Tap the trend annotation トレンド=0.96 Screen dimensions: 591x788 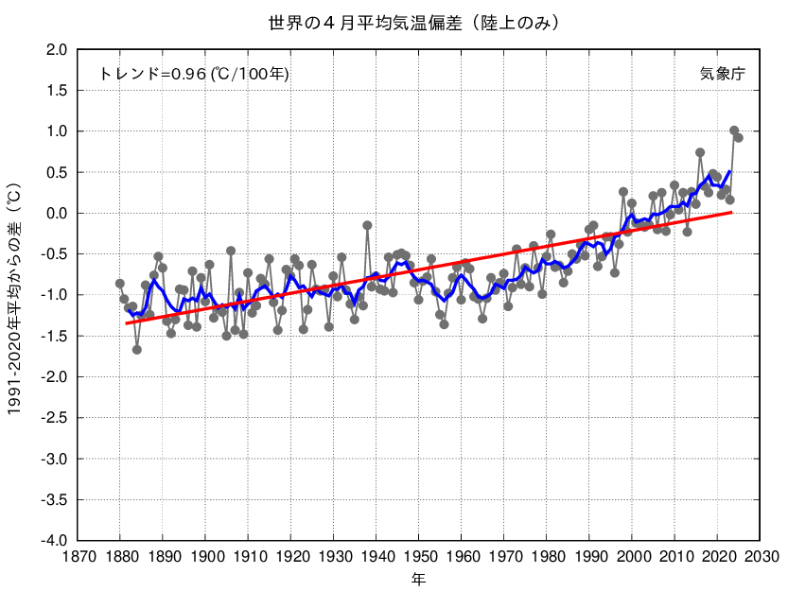coord(194,74)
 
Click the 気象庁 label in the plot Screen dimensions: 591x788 coord(724,74)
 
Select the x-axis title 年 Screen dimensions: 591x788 coord(418,577)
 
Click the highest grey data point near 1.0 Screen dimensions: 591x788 coord(734,130)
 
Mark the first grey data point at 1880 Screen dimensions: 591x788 coord(120,284)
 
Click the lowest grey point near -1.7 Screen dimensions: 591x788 coord(137,350)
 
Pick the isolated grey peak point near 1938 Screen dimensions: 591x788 coord(367,225)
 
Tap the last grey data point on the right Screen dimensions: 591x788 coord(739,138)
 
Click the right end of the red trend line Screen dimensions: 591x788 coord(731,213)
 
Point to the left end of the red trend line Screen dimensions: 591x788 coord(126,323)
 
